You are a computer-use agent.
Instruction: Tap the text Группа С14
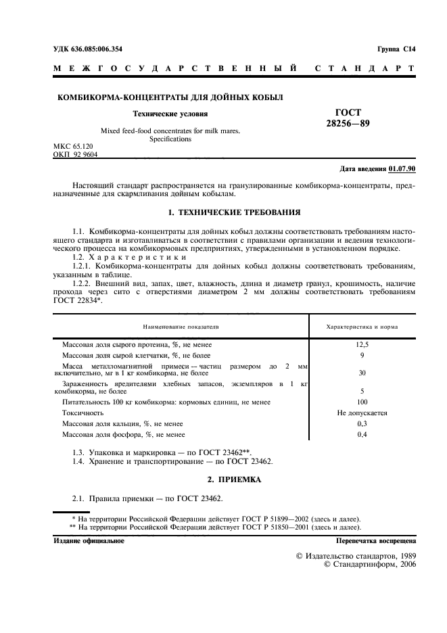click(x=396, y=49)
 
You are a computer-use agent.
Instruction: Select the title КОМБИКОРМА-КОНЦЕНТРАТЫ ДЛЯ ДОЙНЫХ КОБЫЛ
click(x=170, y=97)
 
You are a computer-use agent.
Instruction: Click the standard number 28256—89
click(x=348, y=123)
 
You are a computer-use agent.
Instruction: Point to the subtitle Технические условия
click(x=170, y=114)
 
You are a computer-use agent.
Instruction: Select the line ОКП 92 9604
click(x=75, y=154)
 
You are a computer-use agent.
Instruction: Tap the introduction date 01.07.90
click(x=403, y=168)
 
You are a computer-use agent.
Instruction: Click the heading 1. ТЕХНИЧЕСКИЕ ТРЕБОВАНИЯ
click(x=233, y=212)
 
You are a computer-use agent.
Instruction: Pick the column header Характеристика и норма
click(x=362, y=327)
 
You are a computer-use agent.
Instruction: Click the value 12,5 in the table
click(x=362, y=344)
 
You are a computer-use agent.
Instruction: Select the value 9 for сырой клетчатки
click(x=362, y=355)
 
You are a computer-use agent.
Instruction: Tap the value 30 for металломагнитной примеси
click(x=362, y=373)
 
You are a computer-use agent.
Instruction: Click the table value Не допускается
click(x=362, y=413)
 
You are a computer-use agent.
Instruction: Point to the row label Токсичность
click(x=83, y=413)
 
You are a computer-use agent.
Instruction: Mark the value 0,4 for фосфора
click(x=362, y=434)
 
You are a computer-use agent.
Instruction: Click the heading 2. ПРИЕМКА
click(x=233, y=479)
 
